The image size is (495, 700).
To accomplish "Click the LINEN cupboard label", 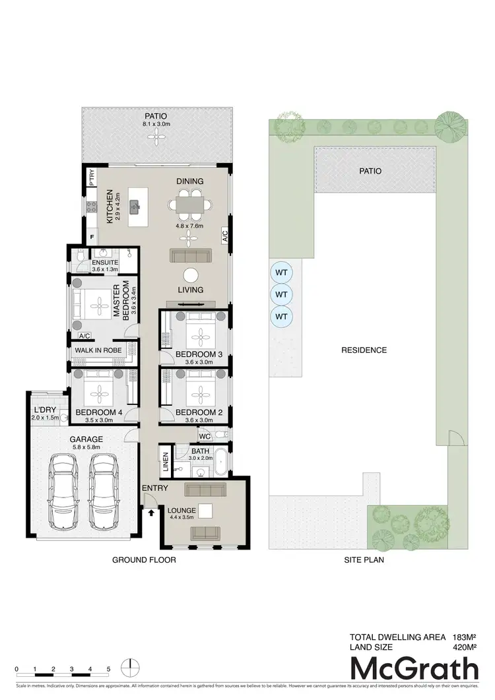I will pyautogui.click(x=166, y=461).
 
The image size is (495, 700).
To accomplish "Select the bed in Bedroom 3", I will pyautogui.click(x=198, y=330).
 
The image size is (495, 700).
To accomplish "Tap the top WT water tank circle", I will pyautogui.click(x=282, y=272).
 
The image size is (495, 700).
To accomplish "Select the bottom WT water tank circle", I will pyautogui.click(x=282, y=317).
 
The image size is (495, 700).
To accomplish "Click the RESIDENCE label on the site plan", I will pyautogui.click(x=364, y=350).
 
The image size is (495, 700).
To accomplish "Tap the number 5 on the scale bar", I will pyautogui.click(x=108, y=668).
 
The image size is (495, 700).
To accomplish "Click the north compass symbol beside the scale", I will pyautogui.click(x=131, y=666).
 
